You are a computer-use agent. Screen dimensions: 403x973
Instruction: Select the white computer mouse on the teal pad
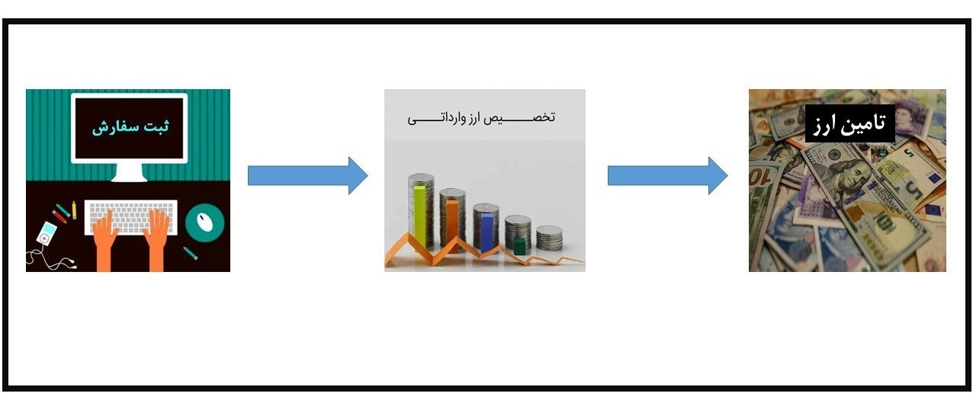coord(204,221)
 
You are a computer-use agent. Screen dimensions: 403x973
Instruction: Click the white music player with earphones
coord(47,234)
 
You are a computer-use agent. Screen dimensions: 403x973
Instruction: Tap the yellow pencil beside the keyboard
coord(74,209)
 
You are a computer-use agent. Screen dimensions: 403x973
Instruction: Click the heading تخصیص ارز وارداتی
coord(482,118)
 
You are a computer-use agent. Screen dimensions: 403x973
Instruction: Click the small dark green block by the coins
coord(519,245)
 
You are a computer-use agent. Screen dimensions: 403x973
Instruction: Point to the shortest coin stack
coord(549,238)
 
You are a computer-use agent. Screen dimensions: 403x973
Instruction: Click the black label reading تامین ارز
coord(849,124)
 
